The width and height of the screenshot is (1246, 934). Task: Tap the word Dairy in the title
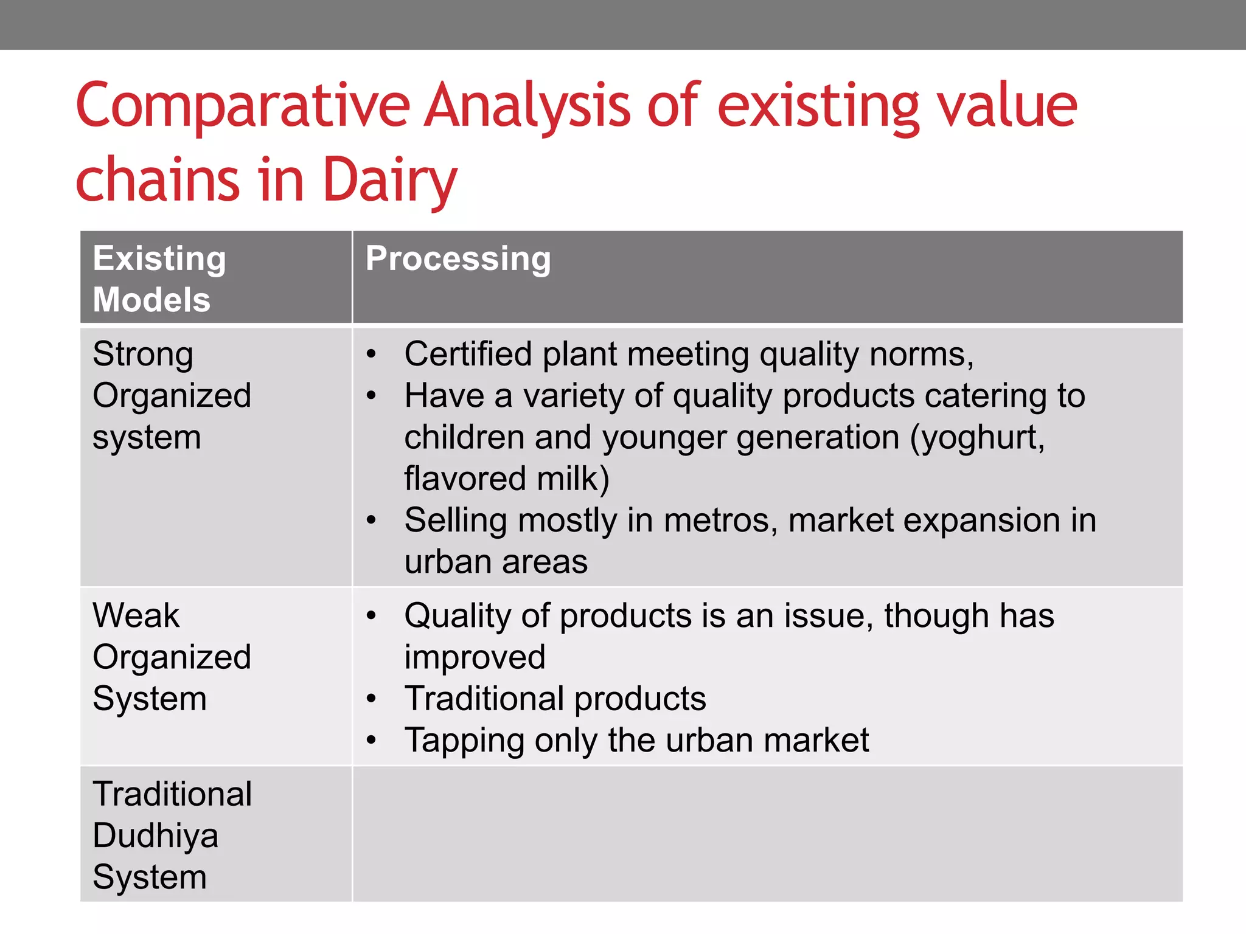point(389,180)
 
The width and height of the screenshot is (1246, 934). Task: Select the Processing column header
point(458,259)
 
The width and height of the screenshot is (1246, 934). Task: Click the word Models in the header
point(151,300)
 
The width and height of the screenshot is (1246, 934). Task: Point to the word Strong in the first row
point(143,355)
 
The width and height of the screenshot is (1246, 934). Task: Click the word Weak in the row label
point(136,615)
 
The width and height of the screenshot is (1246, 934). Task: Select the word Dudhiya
point(155,836)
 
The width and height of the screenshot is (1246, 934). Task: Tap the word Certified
point(468,355)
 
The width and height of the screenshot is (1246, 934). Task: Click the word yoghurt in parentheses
point(980,438)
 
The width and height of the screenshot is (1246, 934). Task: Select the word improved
point(475,657)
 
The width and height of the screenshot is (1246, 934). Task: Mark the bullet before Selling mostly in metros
point(372,521)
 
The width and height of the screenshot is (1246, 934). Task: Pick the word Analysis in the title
point(527,106)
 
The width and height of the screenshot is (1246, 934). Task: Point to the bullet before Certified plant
point(372,355)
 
